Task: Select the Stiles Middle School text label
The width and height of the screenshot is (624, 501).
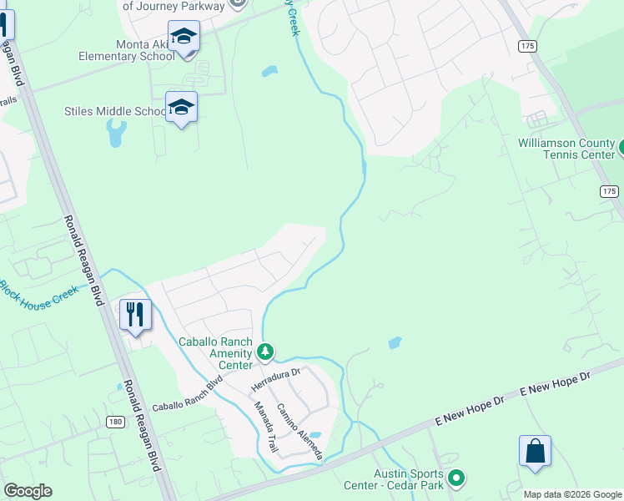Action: tap(115, 111)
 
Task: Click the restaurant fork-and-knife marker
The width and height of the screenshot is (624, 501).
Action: tap(135, 315)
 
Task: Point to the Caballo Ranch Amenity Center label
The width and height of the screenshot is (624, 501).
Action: tap(216, 353)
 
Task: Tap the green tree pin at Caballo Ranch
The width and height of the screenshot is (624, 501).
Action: tap(265, 352)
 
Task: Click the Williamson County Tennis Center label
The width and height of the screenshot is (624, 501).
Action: tap(566, 149)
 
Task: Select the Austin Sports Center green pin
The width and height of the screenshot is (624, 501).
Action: tap(455, 478)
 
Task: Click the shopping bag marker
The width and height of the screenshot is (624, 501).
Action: tap(535, 452)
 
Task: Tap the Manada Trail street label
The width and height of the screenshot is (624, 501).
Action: tap(265, 427)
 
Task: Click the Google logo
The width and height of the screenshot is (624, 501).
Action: tap(28, 491)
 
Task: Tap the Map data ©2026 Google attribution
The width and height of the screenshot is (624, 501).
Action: tap(572, 494)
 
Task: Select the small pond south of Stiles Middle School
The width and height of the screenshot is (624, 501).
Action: tap(116, 132)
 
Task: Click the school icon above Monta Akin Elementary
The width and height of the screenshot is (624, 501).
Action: tap(184, 38)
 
